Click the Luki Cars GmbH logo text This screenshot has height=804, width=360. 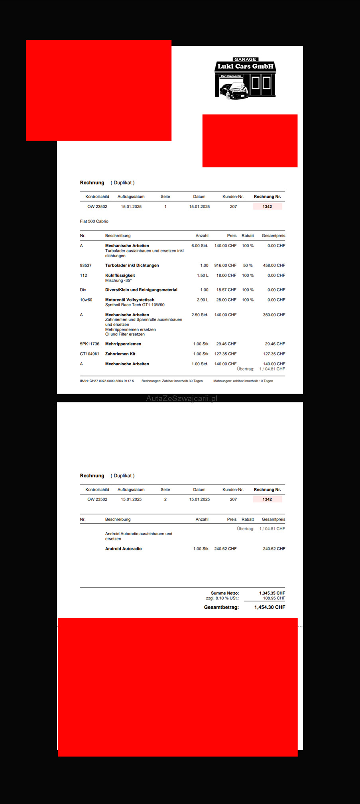coord(245,66)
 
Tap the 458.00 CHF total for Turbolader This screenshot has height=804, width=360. coord(274,265)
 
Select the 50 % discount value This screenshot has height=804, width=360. coord(248,265)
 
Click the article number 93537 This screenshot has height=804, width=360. coord(86,265)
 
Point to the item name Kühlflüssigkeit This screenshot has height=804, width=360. coord(120,275)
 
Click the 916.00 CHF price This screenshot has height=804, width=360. coord(225,265)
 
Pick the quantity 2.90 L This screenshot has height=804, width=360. coord(203,300)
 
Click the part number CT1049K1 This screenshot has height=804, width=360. coord(90,354)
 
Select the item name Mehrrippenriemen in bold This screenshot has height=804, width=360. coord(123,344)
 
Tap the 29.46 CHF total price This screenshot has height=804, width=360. coord(275,344)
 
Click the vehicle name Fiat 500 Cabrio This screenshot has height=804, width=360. coord(94,221)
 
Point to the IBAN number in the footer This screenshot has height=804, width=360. coord(107,381)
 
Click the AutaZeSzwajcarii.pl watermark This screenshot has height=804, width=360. coord(181,398)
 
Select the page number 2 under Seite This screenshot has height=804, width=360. coord(165,499)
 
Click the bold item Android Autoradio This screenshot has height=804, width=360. coord(124,549)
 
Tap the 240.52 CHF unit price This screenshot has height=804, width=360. coord(225,549)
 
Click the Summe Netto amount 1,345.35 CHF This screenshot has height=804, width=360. coord(272,593)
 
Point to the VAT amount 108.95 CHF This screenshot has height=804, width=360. coord(274,598)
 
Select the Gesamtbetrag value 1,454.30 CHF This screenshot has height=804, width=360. coord(270,607)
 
